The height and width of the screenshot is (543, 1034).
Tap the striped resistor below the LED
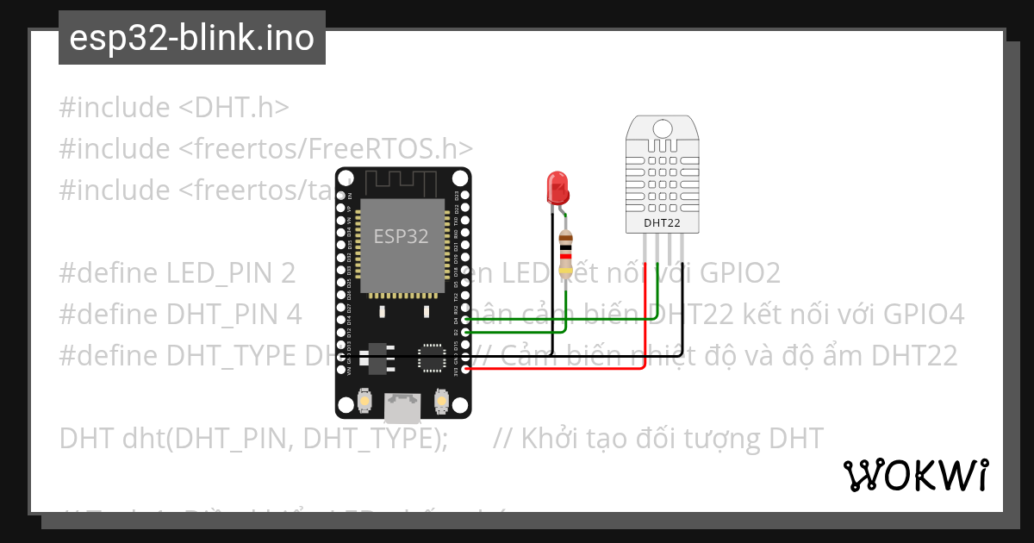(x=565, y=253)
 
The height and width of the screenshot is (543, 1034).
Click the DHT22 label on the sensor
(x=662, y=223)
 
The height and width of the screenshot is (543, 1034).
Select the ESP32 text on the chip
(x=401, y=236)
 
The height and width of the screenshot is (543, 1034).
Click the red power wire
(x=586, y=368)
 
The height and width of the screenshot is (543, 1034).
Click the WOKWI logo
(x=915, y=475)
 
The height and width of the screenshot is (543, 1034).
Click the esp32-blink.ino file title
(x=191, y=38)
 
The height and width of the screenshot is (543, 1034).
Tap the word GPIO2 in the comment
(x=739, y=273)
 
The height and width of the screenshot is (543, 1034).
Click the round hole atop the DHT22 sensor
(x=662, y=128)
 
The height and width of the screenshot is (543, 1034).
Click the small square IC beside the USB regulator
(x=430, y=358)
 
